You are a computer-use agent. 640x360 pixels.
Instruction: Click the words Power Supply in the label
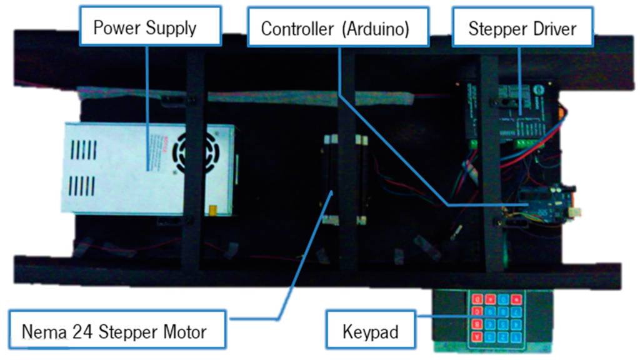pyautogui.click(x=144, y=27)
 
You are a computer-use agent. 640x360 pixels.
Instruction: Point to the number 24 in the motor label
pyautogui.click(x=81, y=331)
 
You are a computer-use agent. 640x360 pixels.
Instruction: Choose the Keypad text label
pyautogui.click(x=370, y=331)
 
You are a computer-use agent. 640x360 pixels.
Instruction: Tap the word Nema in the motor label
pyautogui.click(x=44, y=331)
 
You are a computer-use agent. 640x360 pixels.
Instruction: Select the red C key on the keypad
pyautogui.click(x=476, y=310)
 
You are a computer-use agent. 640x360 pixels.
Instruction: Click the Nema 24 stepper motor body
pyautogui.click(x=342, y=178)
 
